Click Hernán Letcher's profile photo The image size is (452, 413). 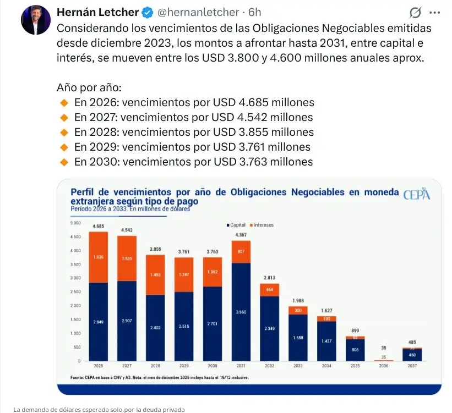pos(36,20)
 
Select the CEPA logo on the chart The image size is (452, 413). pos(416,195)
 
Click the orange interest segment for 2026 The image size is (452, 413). pos(99,257)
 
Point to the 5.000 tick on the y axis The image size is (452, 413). pos(76,223)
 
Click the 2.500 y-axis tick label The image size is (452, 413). pos(76,292)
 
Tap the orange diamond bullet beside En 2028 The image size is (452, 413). pos(64,132)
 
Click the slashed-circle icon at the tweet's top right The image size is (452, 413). pos(416,13)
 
